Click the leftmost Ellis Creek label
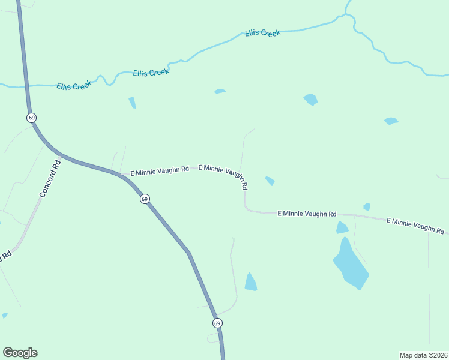74,86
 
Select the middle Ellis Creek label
151,72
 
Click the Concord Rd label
50,179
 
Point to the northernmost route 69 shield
31,118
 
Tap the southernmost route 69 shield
217,323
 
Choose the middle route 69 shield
145,199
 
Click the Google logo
20,353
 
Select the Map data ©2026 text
423,355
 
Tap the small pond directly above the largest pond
342,227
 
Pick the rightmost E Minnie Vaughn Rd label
415,226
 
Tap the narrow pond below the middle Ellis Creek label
132,103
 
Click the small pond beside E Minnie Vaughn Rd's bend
270,181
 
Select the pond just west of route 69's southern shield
250,282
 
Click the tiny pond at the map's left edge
4,315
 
